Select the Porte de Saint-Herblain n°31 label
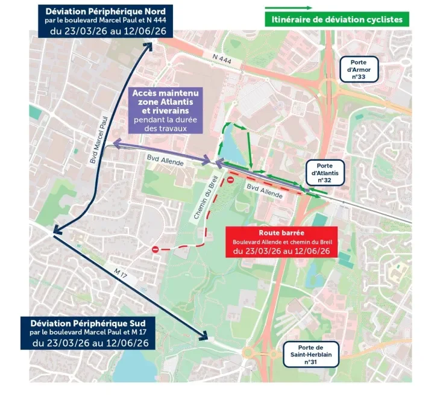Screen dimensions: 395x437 tap(310, 355)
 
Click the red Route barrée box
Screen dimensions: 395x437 tap(281, 241)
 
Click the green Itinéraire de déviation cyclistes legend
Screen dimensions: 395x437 tap(337, 20)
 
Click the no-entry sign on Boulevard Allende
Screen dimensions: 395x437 tap(230, 180)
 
